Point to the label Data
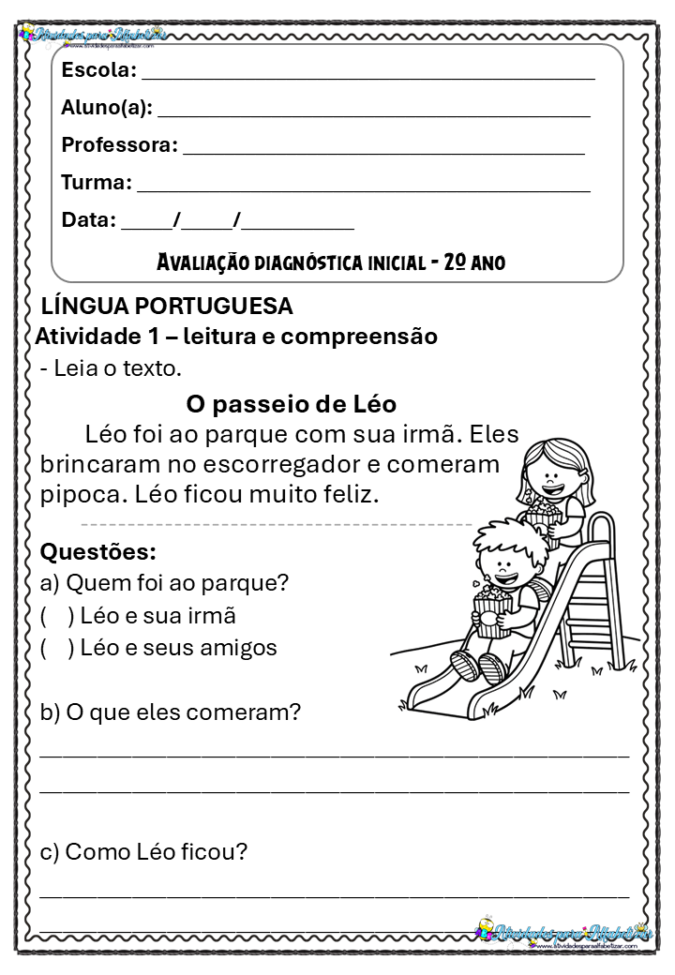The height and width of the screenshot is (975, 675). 87,221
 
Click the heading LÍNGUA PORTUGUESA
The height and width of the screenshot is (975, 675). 168,307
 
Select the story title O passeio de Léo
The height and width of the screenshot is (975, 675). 292,404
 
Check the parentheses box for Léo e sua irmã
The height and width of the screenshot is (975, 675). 57,616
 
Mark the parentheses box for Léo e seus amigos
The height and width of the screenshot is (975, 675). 57,648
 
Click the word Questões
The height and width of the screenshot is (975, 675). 97,551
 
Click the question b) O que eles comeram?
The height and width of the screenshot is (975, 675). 171,712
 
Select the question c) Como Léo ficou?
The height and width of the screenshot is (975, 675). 143,852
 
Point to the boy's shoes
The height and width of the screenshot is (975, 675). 478,666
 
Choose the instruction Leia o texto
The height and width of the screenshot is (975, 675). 111,368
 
